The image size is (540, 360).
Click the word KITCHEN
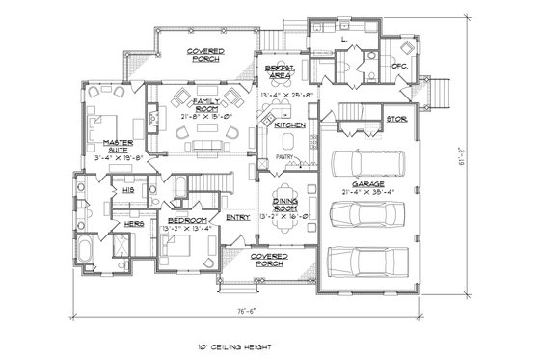[289, 125]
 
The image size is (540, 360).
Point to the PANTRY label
[283, 156]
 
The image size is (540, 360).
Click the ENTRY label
[237, 217]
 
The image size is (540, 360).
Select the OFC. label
[399, 66]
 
